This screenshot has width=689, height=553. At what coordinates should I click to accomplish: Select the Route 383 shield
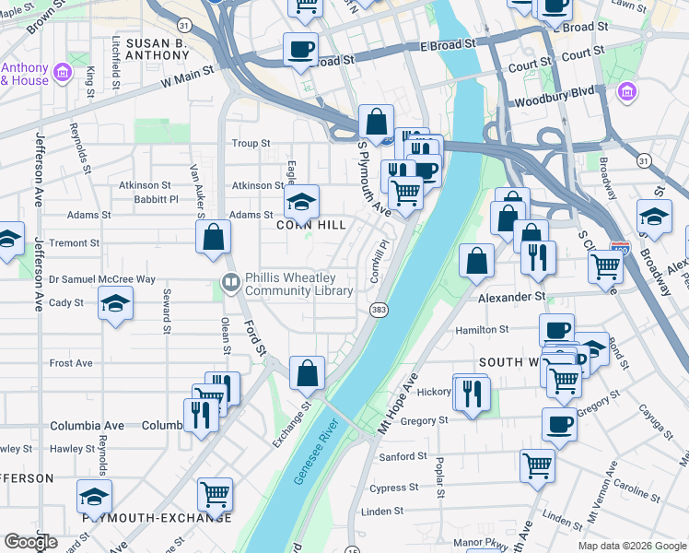(x=378, y=310)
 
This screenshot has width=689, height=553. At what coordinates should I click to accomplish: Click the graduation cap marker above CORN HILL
(x=301, y=201)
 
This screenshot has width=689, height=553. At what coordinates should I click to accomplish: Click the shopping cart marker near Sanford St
(x=537, y=464)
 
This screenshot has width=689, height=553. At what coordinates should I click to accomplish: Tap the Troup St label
(x=251, y=144)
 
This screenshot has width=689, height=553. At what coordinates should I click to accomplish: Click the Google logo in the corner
(x=30, y=542)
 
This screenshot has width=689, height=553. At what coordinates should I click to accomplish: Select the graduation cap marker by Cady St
(x=116, y=302)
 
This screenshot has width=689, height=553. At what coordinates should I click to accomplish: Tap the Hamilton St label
(x=482, y=329)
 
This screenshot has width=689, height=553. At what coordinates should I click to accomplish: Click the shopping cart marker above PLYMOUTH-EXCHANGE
(x=215, y=492)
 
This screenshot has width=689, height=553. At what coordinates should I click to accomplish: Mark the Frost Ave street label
(x=73, y=363)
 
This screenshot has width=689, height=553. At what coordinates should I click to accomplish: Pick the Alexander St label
(x=511, y=298)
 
